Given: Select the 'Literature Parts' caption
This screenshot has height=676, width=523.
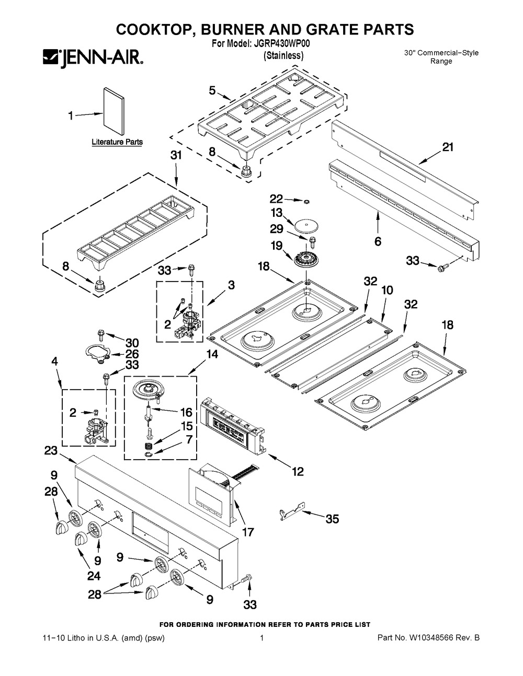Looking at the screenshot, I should point(117,142).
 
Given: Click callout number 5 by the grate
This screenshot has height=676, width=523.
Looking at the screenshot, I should point(212,90).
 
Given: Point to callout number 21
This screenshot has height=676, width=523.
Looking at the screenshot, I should point(448,148).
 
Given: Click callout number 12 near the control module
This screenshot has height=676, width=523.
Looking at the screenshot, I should point(297,472).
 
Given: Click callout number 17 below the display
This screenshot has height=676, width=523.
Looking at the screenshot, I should point(248,532).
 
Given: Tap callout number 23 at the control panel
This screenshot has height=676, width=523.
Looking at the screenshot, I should point(50,450).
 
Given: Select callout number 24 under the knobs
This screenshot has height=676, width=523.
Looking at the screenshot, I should point(94,576).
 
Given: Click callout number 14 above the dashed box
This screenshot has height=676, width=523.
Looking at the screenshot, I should point(212,354).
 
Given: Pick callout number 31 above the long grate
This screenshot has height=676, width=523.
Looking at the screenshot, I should point(176,155).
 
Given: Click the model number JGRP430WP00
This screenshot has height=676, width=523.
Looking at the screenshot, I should point(276,45).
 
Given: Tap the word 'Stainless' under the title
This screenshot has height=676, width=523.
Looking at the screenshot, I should point(283,55).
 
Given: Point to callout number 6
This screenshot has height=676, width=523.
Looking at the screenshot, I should point(378,241).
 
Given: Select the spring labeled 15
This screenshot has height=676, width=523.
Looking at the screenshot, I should point(149,446).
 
